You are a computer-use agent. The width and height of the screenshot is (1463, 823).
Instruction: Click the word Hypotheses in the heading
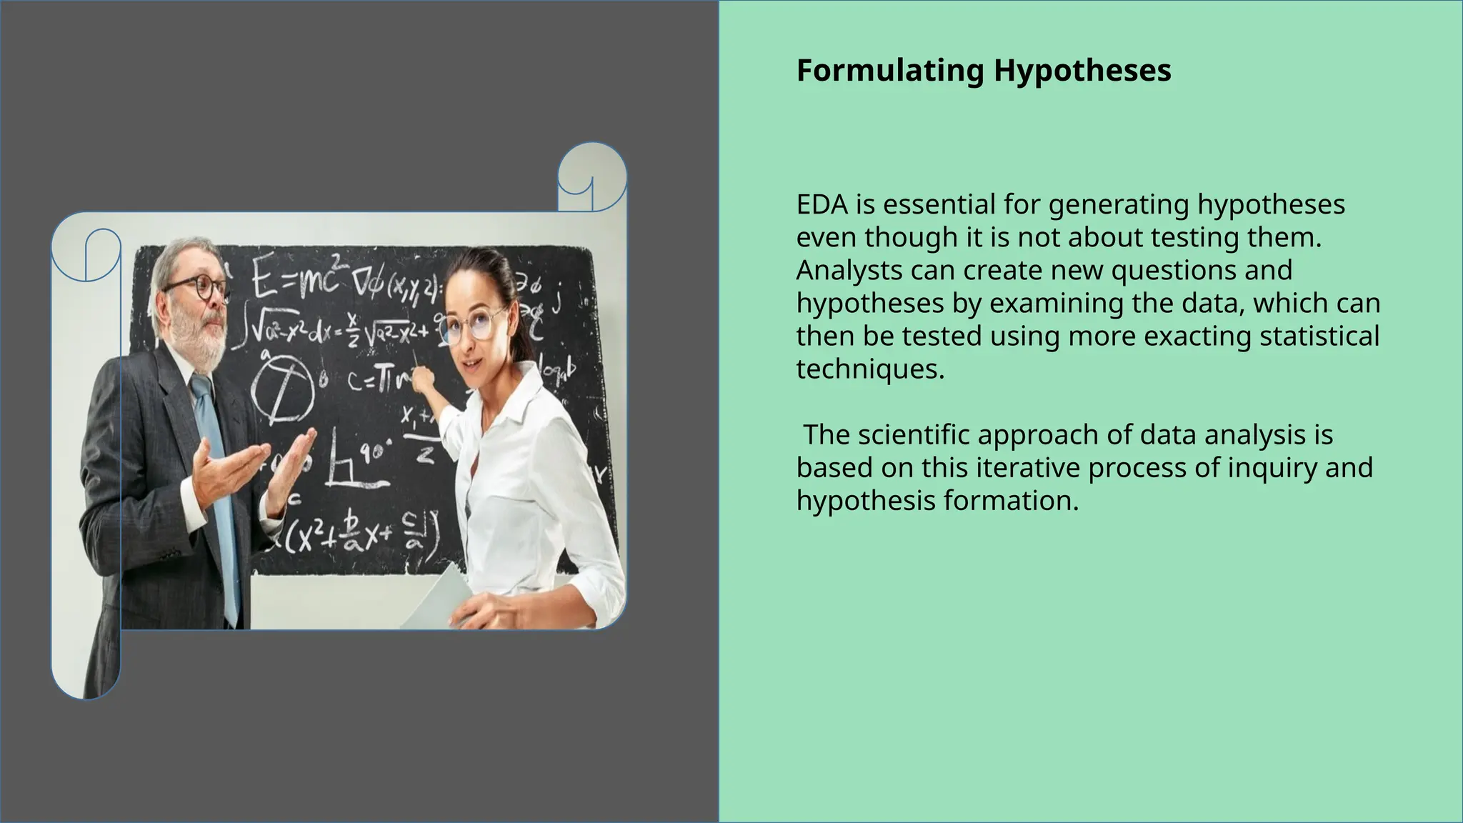point(1082,71)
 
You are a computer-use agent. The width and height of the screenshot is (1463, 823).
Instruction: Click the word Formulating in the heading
point(890,71)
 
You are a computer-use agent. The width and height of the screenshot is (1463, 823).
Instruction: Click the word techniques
point(869,369)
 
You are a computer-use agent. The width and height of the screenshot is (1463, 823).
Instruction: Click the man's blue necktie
point(218,486)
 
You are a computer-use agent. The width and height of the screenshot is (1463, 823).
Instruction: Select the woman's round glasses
point(471,326)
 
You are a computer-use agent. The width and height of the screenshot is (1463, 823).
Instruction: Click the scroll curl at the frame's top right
point(591,177)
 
